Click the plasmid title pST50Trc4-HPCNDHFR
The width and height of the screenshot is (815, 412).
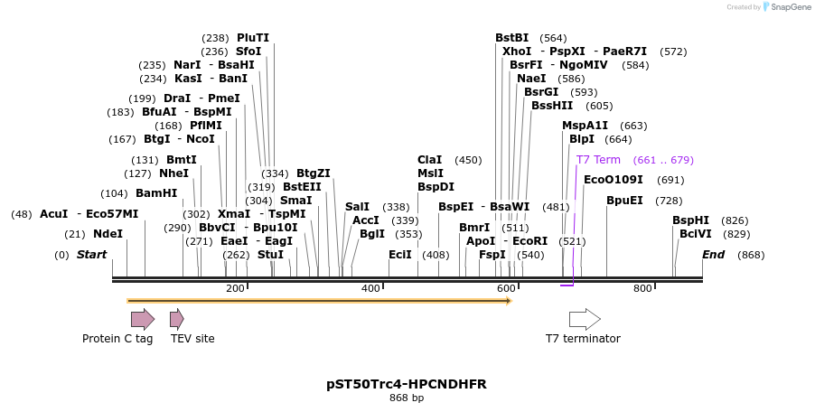(407, 384)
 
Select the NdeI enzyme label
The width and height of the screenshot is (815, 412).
(108, 234)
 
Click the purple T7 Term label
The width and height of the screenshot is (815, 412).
(598, 160)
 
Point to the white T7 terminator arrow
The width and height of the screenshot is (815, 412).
(585, 319)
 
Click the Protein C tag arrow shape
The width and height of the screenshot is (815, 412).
(143, 319)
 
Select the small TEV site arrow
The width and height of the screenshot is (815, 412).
(177, 319)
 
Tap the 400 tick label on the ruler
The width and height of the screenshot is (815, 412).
(370, 288)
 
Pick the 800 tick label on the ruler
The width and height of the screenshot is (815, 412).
(642, 288)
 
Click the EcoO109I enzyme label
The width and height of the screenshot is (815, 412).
(614, 180)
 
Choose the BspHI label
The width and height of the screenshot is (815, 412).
(690, 220)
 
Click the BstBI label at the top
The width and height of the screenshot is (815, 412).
(512, 38)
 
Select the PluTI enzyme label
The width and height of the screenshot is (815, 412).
(253, 38)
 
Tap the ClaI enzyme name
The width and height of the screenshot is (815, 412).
(430, 160)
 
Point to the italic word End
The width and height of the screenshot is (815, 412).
(714, 255)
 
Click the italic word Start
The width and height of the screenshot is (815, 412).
(91, 255)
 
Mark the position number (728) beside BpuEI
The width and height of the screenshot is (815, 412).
(669, 201)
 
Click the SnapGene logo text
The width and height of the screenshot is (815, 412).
(789, 7)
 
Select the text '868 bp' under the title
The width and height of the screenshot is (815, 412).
(407, 398)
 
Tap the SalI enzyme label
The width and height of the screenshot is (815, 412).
(357, 207)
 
